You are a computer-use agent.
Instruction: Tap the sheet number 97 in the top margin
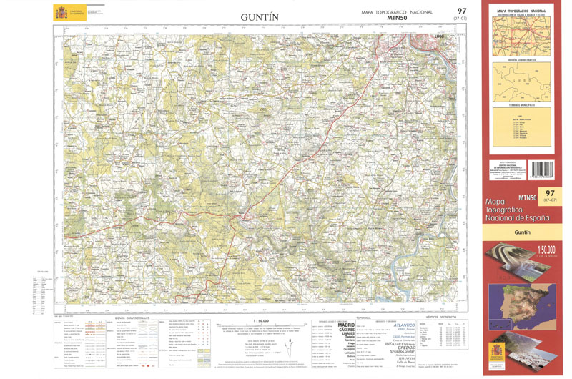(461, 11)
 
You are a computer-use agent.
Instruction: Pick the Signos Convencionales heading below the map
(132, 318)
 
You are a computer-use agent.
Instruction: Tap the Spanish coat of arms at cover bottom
(496, 354)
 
